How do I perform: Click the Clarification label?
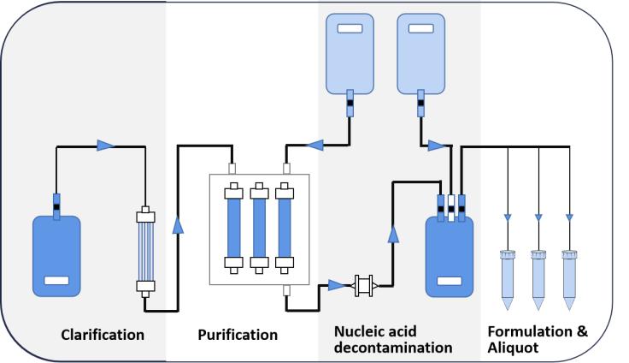point(102,335)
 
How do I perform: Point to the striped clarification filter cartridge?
point(144,249)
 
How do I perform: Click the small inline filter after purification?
point(365,283)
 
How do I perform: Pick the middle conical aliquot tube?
point(538,278)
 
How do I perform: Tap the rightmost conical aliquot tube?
point(568,278)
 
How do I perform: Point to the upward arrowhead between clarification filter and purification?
point(178,224)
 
